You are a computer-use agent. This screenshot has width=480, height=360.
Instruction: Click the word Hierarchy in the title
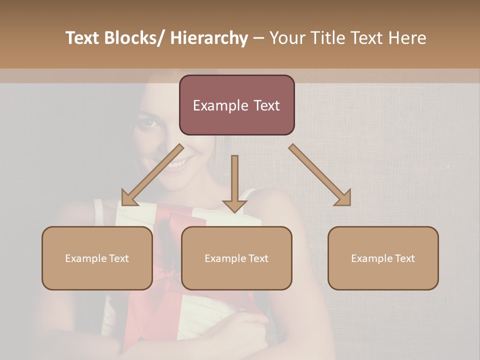click(x=209, y=38)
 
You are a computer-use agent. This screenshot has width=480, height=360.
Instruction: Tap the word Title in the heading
click(x=325, y=38)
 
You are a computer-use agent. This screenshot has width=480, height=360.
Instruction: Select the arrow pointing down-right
click(x=320, y=175)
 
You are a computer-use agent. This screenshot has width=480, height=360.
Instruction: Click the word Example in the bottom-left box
click(x=85, y=258)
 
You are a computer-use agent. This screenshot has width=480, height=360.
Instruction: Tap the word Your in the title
click(x=287, y=38)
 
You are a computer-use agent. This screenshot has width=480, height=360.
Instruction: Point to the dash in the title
click(x=258, y=38)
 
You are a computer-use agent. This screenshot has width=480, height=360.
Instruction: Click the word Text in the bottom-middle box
click(x=257, y=258)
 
